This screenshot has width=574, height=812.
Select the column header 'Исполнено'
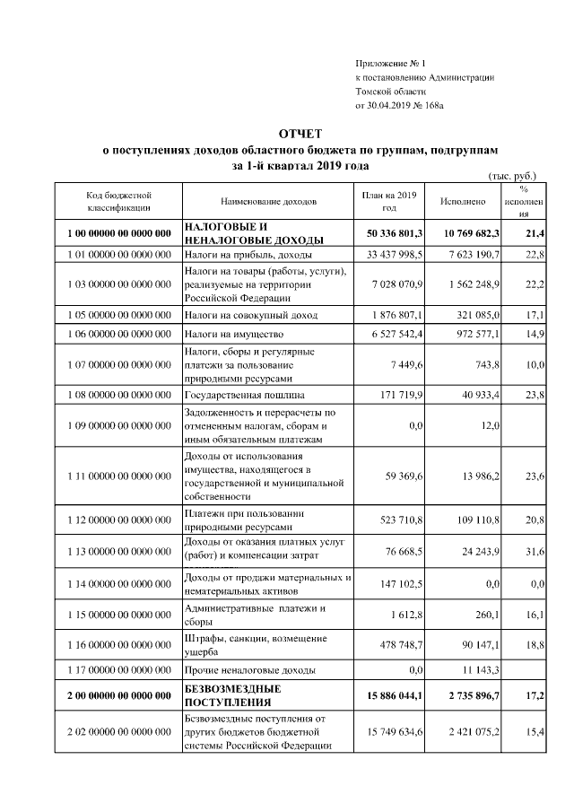(x=463, y=202)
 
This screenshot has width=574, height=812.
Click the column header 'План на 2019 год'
(x=389, y=202)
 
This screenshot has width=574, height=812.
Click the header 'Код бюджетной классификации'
(x=118, y=202)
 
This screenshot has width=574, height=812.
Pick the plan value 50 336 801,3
(x=389, y=233)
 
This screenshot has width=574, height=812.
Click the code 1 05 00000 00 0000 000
(x=118, y=316)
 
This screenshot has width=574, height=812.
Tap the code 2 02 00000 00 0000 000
(x=118, y=733)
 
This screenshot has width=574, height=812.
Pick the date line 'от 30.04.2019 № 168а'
(x=399, y=106)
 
